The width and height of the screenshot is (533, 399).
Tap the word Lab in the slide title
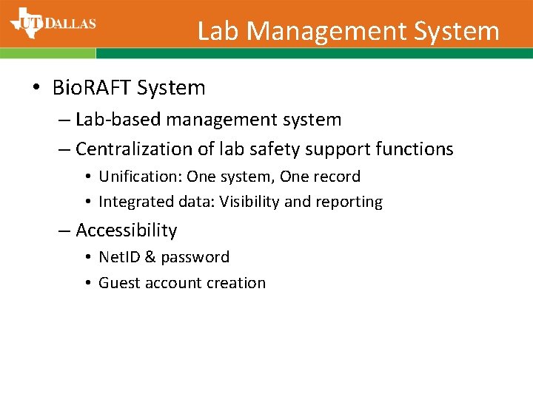[218, 31]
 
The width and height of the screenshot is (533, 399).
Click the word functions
[415, 149]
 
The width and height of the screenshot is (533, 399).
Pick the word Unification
[140, 177]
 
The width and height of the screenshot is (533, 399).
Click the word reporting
[350, 202]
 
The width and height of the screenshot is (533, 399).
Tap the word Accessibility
[127, 231]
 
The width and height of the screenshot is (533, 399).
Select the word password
[195, 258]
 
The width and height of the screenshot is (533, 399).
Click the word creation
[237, 283]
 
